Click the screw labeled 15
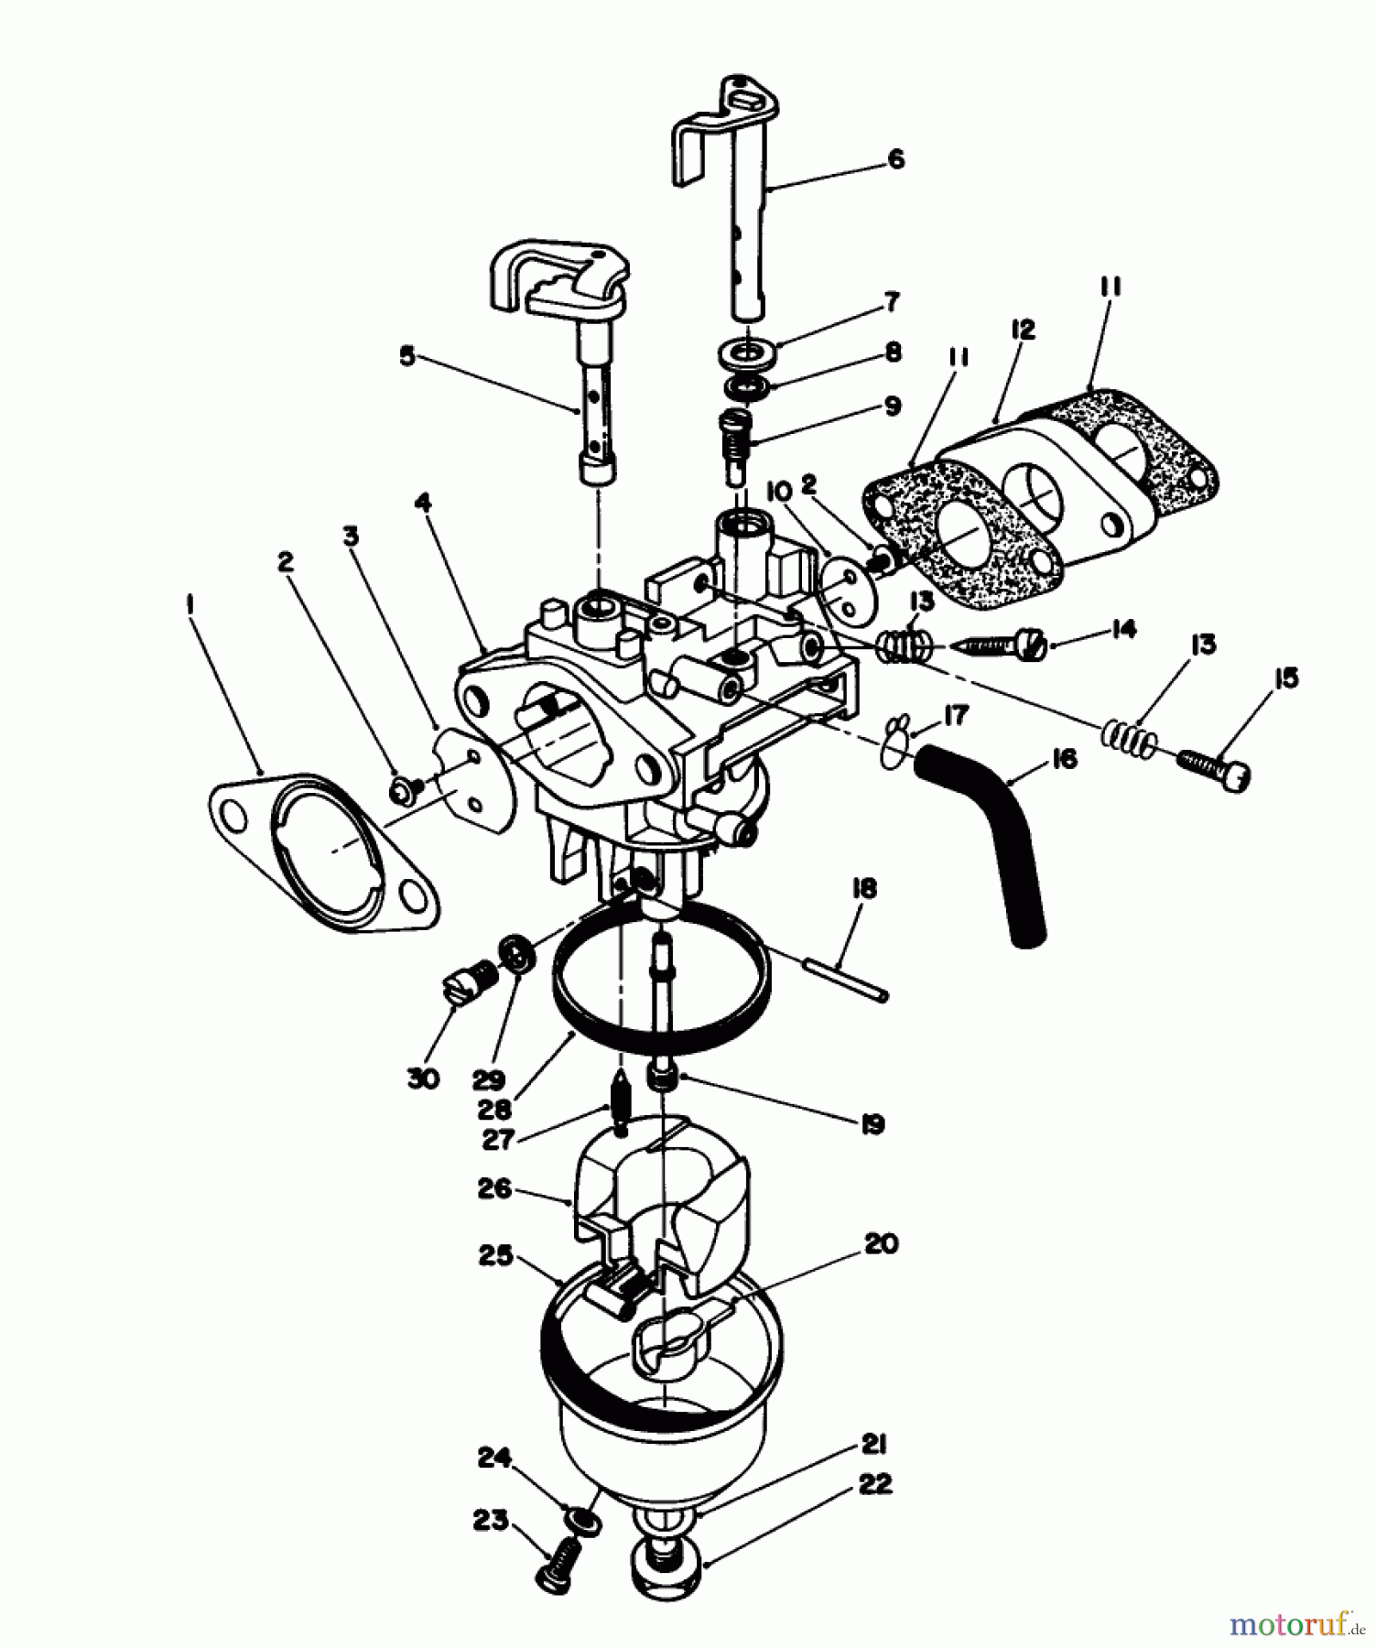tap(1214, 768)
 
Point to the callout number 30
tap(422, 1078)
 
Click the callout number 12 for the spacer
tap(1023, 330)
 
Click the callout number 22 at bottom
tap(876, 1484)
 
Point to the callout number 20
tap(881, 1243)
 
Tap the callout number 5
tap(406, 355)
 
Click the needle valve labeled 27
tap(623, 1101)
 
